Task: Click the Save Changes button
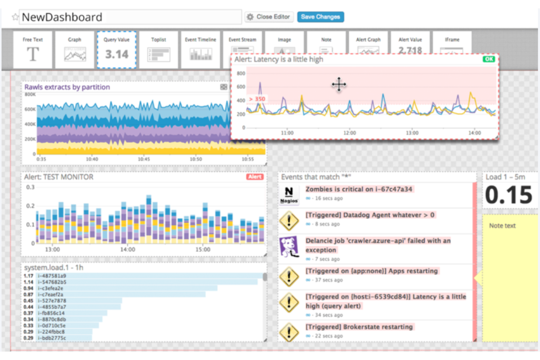[320, 17]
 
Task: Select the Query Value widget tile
[117, 50]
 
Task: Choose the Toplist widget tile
[159, 50]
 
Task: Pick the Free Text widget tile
[33, 50]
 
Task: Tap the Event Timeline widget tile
[200, 50]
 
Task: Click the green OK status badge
[489, 59]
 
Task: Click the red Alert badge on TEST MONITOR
[255, 177]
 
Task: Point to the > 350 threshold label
[257, 99]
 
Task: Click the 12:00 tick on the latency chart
[350, 133]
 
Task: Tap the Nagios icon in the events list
[289, 195]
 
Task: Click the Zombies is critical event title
[359, 189]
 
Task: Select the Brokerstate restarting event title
[359, 327]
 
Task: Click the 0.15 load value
[509, 195]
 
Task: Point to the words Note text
[502, 226]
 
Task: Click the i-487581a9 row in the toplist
[52, 276]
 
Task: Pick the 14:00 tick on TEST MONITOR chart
[127, 249]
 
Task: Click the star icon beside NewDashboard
[15, 17]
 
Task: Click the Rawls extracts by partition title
[67, 87]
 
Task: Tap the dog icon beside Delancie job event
[289, 247]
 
